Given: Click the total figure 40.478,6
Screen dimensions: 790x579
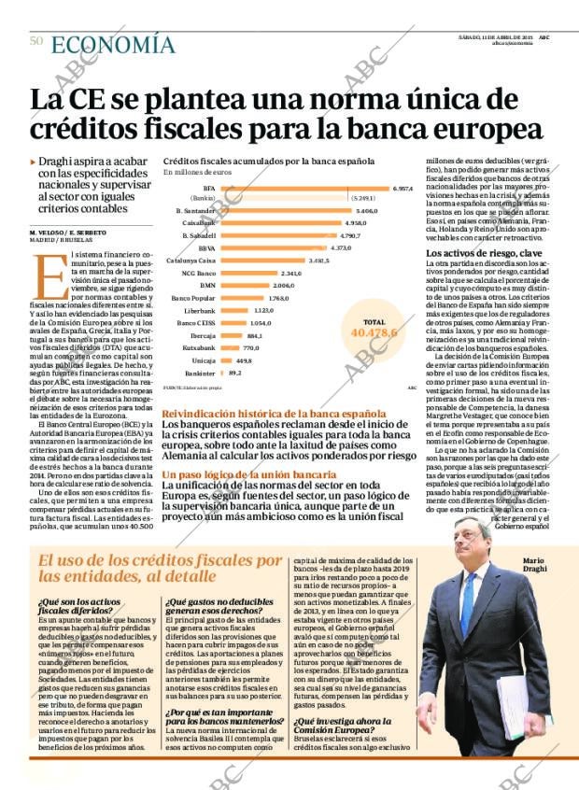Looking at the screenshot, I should point(373,332).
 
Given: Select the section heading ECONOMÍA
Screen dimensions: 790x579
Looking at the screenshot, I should point(113,44).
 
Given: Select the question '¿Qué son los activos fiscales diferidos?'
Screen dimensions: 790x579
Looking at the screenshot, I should point(80,607).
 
